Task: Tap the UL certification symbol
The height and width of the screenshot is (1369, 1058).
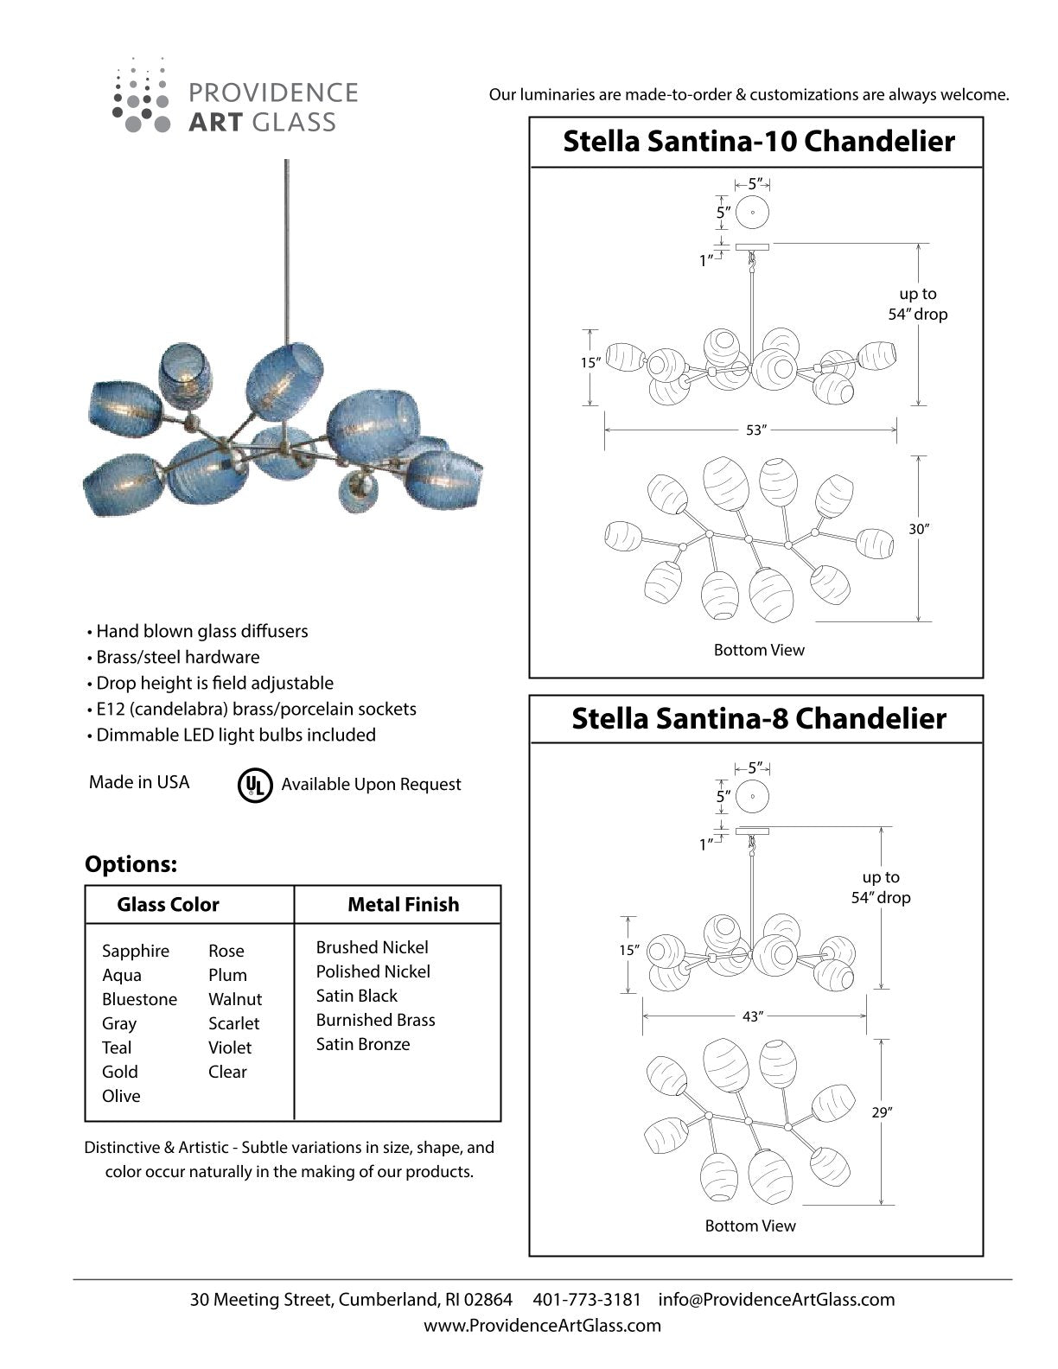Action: pos(254,785)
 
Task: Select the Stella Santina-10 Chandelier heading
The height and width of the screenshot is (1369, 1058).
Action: pos(758,141)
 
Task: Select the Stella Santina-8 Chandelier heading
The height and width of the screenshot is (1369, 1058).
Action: pos(758,718)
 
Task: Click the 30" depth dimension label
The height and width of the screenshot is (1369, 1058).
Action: pos(917,529)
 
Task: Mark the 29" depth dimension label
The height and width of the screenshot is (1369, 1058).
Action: pos(881,1112)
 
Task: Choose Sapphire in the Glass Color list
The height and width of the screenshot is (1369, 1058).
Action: pos(136,951)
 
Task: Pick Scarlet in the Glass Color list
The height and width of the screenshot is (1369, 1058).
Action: pos(233,1023)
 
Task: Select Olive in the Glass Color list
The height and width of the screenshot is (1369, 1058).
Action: pos(121,1096)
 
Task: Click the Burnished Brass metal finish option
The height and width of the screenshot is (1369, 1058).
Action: pos(375,1020)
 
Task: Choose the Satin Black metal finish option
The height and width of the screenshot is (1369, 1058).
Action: pos(356,996)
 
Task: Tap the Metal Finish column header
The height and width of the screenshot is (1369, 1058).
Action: pos(403,905)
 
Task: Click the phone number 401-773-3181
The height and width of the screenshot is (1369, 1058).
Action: pos(587,1299)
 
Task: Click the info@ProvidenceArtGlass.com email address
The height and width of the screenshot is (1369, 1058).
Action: pos(776,1299)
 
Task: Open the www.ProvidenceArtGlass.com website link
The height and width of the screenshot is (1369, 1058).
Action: pos(542,1325)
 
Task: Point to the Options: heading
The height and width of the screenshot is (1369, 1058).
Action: pos(131,864)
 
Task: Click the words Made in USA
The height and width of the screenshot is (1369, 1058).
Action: pos(139,782)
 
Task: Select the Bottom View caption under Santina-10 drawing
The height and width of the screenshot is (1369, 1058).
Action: pos(758,650)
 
